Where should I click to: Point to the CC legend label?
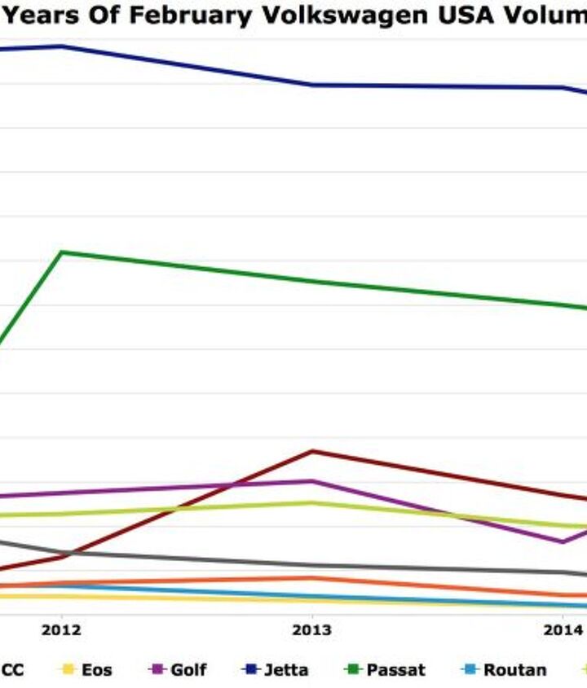pyautogui.click(x=12, y=670)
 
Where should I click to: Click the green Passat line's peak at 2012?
pyautogui.click(x=62, y=252)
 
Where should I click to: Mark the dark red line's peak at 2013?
pyautogui.click(x=311, y=451)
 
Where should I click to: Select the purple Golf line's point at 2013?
pyautogui.click(x=311, y=481)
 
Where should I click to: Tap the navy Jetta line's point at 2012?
pyautogui.click(x=62, y=46)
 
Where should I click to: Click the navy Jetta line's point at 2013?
pyautogui.click(x=311, y=85)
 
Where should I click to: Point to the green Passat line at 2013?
pyautogui.click(x=311, y=282)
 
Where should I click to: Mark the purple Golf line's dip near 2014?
pyautogui.click(x=563, y=542)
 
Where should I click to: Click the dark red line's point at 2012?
pyautogui.click(x=62, y=557)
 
